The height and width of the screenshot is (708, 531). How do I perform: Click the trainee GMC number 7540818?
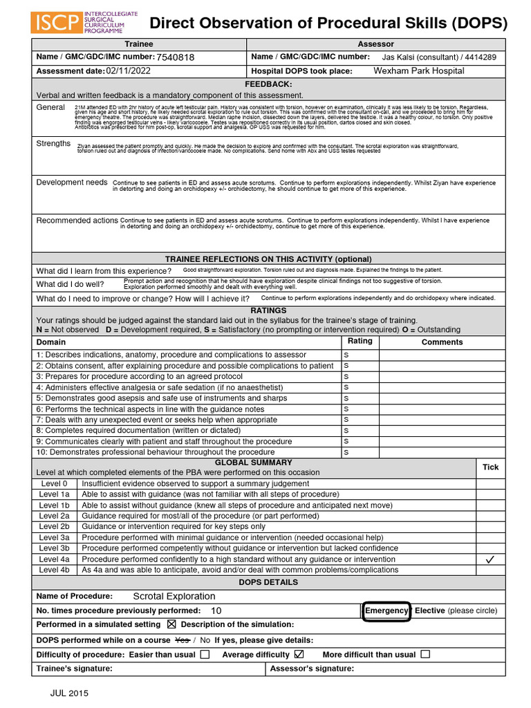click(x=176, y=57)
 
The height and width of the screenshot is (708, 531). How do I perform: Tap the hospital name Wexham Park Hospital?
click(x=419, y=71)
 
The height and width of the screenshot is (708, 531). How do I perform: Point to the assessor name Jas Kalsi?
click(x=402, y=57)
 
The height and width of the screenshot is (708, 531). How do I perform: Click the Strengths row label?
click(x=53, y=143)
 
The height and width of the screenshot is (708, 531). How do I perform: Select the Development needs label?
click(x=72, y=182)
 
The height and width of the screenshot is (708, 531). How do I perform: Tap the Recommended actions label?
click(x=77, y=221)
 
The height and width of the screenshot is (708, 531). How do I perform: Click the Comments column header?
click(x=442, y=342)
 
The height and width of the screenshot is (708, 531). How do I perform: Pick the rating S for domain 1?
click(x=346, y=355)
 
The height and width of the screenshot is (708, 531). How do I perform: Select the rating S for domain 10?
click(x=346, y=452)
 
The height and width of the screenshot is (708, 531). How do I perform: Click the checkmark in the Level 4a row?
click(x=490, y=559)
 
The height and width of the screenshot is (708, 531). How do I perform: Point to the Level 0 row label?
click(x=54, y=483)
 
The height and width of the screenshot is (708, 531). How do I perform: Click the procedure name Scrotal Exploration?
click(x=174, y=596)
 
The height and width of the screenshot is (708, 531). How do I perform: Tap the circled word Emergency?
click(x=386, y=611)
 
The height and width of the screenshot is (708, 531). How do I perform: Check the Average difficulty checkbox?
click(x=299, y=654)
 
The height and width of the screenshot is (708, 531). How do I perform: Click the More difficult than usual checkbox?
click(x=425, y=654)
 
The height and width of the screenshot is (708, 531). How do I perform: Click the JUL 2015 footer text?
click(x=69, y=693)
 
